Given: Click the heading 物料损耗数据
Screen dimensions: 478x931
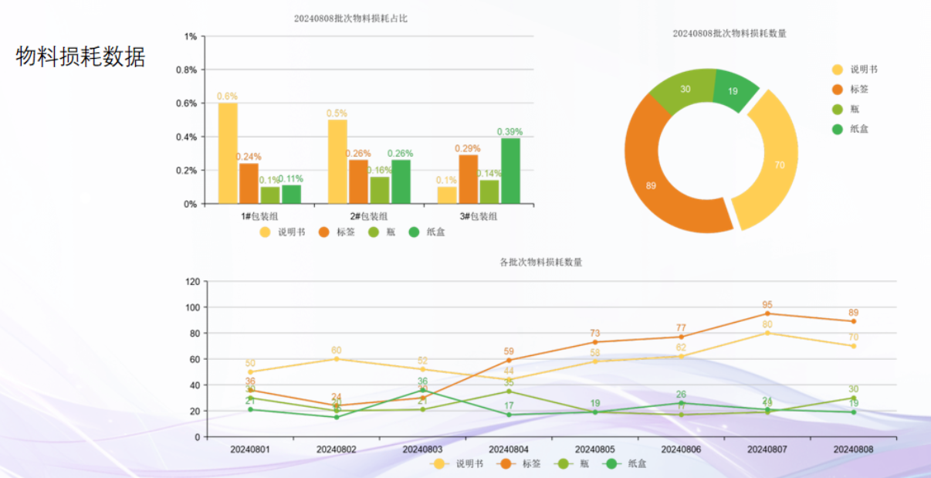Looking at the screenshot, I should pyautogui.click(x=80, y=56).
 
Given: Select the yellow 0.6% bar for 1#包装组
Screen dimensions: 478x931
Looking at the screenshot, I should pyautogui.click(x=228, y=153).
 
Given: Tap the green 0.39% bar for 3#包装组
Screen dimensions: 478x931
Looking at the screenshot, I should pyautogui.click(x=510, y=171).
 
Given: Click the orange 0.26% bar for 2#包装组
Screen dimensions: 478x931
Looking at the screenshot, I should pyautogui.click(x=358, y=181).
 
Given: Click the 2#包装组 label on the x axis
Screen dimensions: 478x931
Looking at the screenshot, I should pyautogui.click(x=369, y=216).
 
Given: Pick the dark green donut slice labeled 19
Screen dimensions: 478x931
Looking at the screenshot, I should pyautogui.click(x=734, y=90).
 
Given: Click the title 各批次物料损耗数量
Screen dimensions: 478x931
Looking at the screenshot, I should pyautogui.click(x=541, y=263).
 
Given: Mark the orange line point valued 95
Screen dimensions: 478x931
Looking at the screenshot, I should pyautogui.click(x=767, y=314).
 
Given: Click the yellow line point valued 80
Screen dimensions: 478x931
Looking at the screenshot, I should pyautogui.click(x=767, y=333).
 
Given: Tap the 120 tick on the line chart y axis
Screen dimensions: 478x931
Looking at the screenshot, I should pyautogui.click(x=191, y=282).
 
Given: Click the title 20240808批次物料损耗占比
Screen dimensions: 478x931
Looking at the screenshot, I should pyautogui.click(x=350, y=18).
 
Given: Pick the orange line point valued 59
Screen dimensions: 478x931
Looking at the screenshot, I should pyautogui.click(x=509, y=360).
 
